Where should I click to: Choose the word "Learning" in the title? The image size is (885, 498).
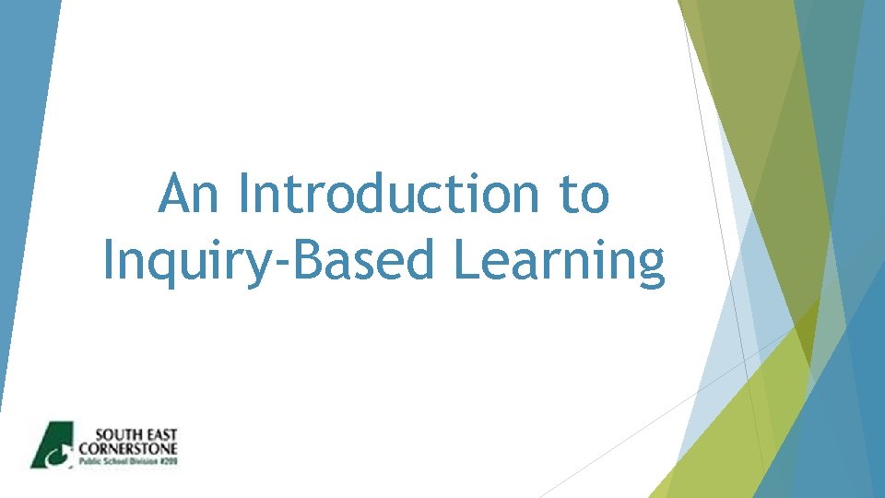click(559, 262)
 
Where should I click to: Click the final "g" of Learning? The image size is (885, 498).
click(649, 267)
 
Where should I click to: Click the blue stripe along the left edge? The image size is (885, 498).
click(18, 184)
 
